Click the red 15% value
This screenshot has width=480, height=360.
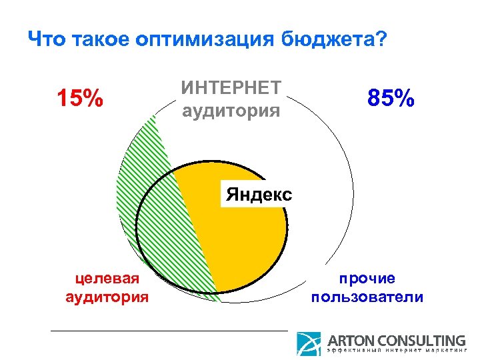(79, 99)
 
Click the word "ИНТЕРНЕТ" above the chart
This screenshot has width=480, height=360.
(231, 87)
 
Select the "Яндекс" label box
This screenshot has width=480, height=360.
(259, 195)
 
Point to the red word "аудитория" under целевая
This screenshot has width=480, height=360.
(107, 296)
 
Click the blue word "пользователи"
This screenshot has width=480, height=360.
(367, 296)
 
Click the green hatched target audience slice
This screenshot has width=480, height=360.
(150, 200)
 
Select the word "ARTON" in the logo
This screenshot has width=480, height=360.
(351, 340)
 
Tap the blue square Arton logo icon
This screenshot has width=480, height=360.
(309, 344)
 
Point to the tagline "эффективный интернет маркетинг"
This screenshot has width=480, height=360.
(396, 351)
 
